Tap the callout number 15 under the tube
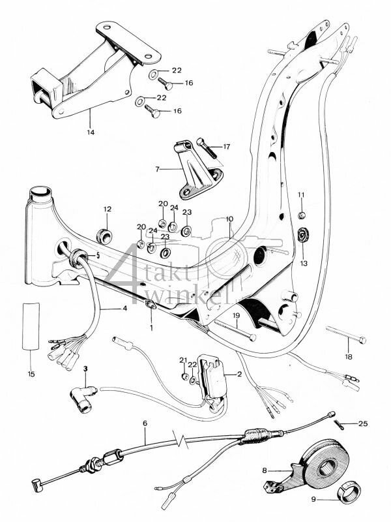click(x=30, y=374)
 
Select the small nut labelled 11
click(x=302, y=215)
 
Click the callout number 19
click(x=237, y=316)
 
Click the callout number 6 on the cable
click(x=144, y=423)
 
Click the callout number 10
click(x=229, y=219)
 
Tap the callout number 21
click(x=183, y=360)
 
